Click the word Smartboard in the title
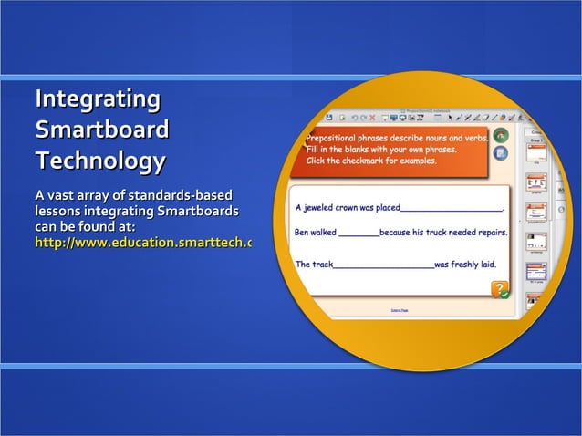point(101,130)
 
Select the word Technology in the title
point(100,161)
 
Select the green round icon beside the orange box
point(500,135)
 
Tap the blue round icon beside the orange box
point(500,153)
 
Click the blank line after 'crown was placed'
point(452,211)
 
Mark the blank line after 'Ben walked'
point(359,235)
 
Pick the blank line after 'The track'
point(383,266)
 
